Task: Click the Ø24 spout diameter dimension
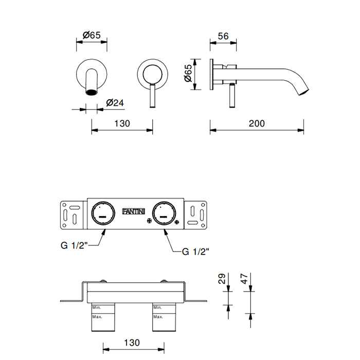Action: point(114,102)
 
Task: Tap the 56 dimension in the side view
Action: point(223,37)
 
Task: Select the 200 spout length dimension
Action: point(257,123)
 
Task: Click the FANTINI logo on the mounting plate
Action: point(133,211)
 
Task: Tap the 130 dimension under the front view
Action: point(122,123)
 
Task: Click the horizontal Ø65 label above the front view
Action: point(92,35)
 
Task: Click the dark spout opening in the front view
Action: point(92,93)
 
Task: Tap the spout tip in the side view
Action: point(303,92)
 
